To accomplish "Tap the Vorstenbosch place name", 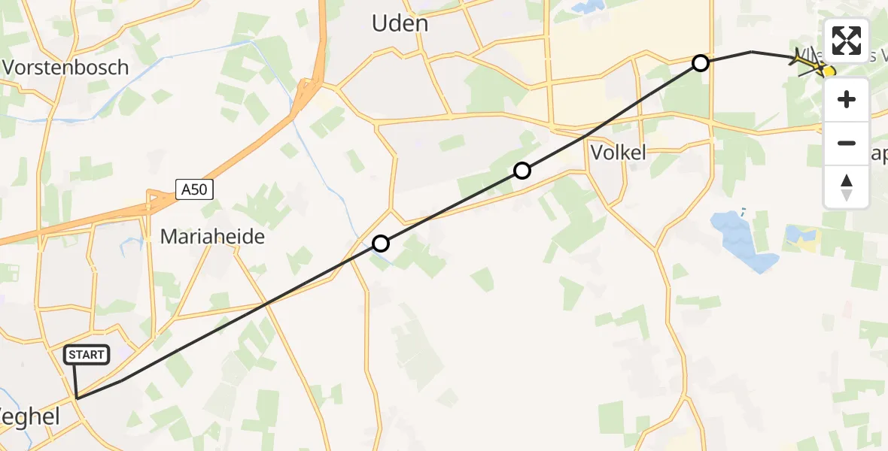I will [x=65, y=67].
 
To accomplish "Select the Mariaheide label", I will [x=213, y=237].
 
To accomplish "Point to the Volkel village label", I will [x=619, y=153].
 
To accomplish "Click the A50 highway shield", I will [x=195, y=189].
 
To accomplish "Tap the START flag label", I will [x=88, y=355].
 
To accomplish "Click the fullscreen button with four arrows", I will [x=847, y=41].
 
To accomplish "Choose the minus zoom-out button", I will [x=847, y=143].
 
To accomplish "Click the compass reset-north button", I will [x=847, y=186].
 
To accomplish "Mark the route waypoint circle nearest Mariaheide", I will [x=381, y=244].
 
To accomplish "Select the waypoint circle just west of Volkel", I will [x=522, y=171].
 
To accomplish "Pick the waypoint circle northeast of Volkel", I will [x=701, y=63].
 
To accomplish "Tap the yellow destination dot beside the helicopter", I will [x=829, y=71].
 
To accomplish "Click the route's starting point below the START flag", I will [x=77, y=398].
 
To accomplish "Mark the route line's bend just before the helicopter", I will [x=751, y=52].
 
